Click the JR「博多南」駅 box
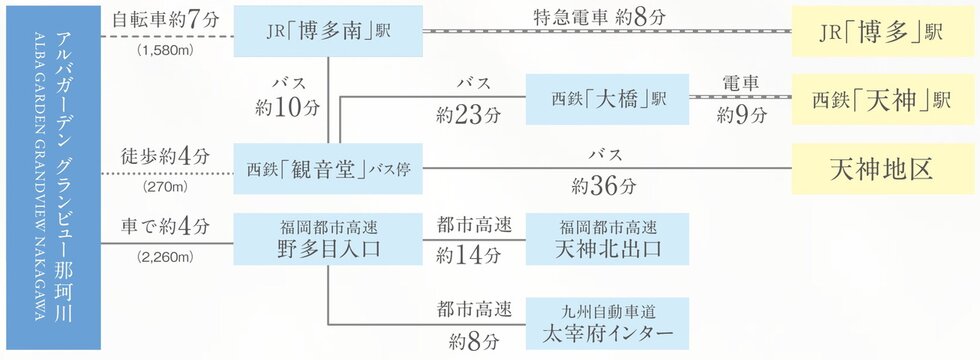(x=328, y=31)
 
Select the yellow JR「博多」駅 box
(x=883, y=31)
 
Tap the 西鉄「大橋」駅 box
(x=608, y=99)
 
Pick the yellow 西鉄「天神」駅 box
(x=883, y=99)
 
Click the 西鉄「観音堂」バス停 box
(x=328, y=169)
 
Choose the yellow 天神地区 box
(x=883, y=169)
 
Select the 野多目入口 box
(x=328, y=239)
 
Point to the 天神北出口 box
(x=608, y=239)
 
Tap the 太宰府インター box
(x=608, y=323)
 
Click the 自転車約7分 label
(x=166, y=20)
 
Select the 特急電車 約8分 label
(x=599, y=18)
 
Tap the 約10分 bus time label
(x=288, y=108)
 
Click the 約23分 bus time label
(x=469, y=114)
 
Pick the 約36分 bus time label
(x=603, y=186)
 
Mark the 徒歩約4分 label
(x=166, y=156)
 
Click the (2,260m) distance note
(x=165, y=257)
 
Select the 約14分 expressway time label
(x=469, y=256)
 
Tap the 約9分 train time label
(x=741, y=115)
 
